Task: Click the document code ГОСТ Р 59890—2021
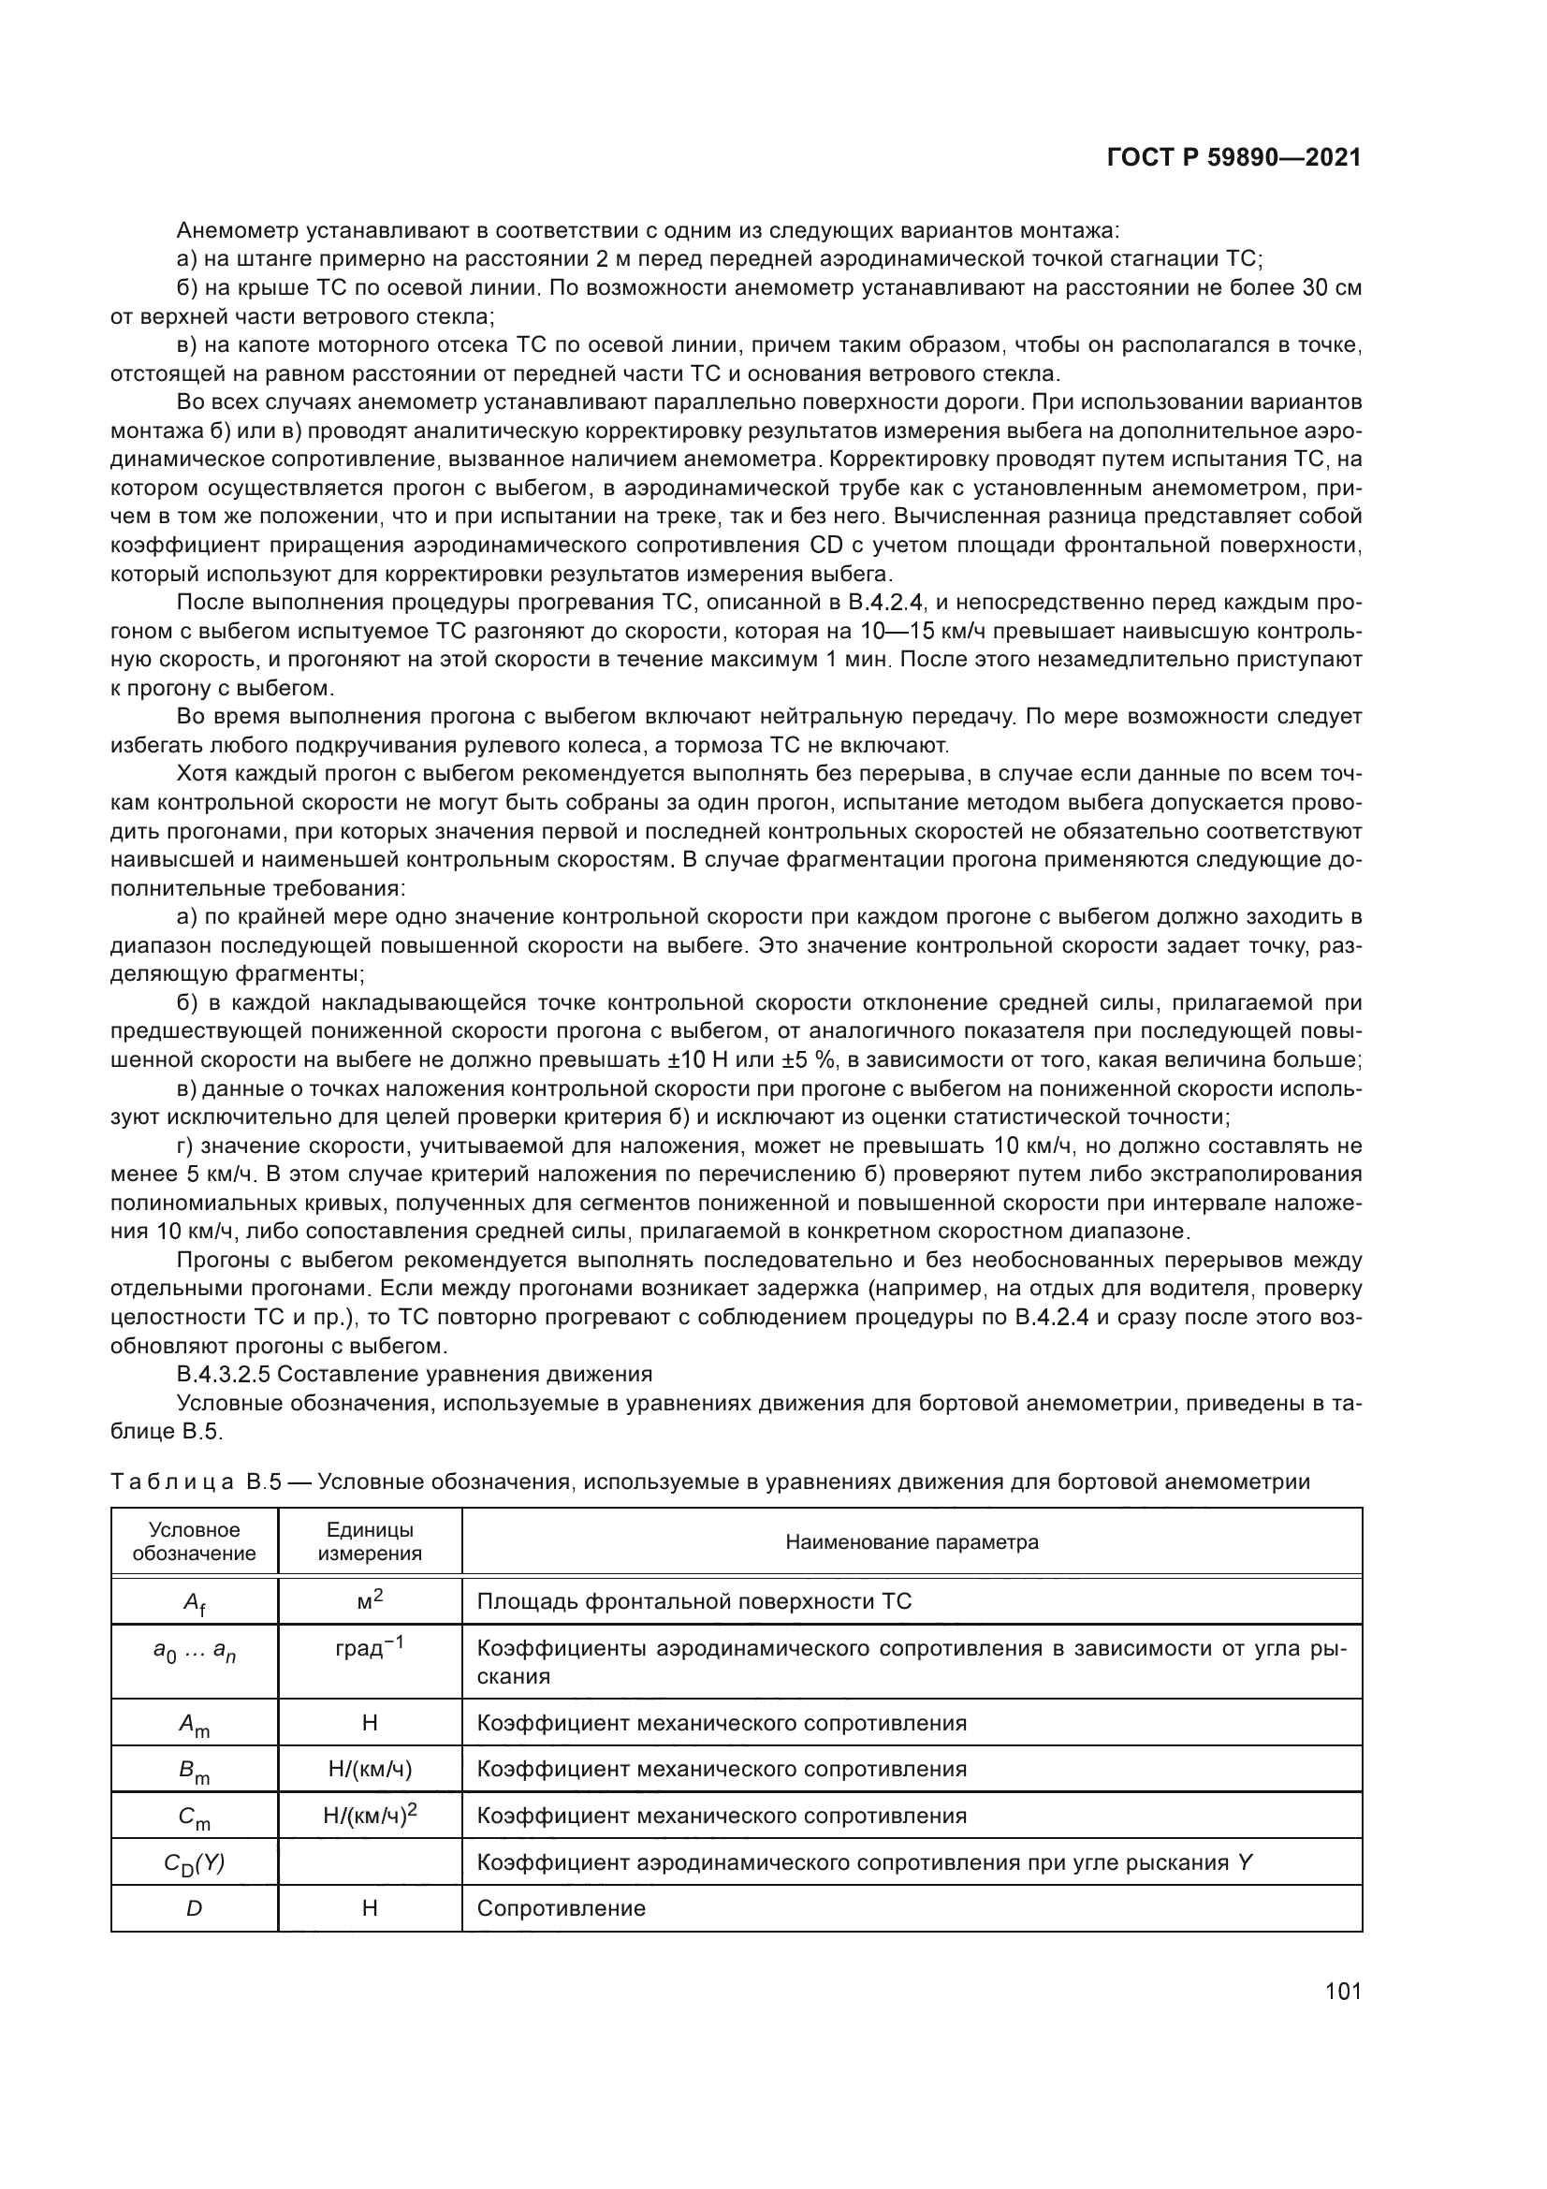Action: (x=1233, y=157)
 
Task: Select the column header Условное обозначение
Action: (x=195, y=1541)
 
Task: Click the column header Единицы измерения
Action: (x=370, y=1541)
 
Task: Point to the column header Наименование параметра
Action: (x=912, y=1541)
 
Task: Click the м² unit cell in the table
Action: (x=370, y=1599)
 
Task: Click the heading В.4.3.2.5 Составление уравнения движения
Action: (x=415, y=1374)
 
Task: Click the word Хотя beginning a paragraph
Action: (x=199, y=773)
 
